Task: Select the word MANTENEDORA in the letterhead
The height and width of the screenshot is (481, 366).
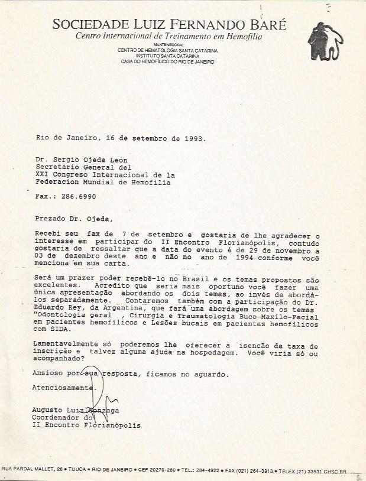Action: click(x=168, y=44)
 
